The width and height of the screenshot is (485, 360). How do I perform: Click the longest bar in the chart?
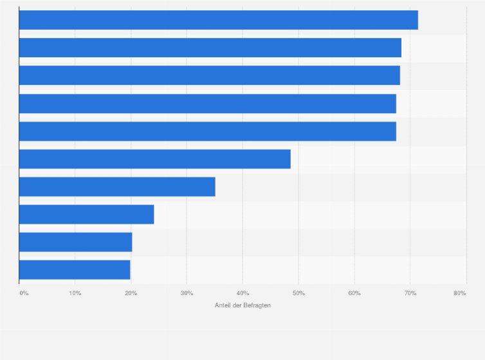pyautogui.click(x=218, y=20)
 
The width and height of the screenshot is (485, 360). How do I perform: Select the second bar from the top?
pyautogui.click(x=210, y=48)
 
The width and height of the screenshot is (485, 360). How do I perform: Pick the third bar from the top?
pyautogui.click(x=209, y=75)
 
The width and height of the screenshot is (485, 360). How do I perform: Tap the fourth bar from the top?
pyautogui.click(x=207, y=104)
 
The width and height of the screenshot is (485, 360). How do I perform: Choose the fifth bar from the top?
pyautogui.click(x=207, y=131)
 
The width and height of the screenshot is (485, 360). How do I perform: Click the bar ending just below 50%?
pyautogui.click(x=154, y=159)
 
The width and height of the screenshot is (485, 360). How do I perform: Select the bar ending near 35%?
pyautogui.click(x=117, y=186)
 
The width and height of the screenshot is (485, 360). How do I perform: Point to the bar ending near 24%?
pyautogui.click(x=86, y=214)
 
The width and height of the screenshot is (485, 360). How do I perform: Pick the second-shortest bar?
pyautogui.click(x=75, y=242)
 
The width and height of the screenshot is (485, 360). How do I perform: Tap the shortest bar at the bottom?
pyautogui.click(x=75, y=269)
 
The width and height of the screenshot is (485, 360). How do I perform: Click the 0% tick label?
pyautogui.click(x=24, y=293)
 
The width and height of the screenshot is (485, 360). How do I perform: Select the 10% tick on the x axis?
pyautogui.click(x=75, y=293)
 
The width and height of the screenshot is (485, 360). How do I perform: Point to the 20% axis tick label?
pyautogui.click(x=131, y=293)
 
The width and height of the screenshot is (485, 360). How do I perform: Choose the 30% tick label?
pyautogui.click(x=187, y=293)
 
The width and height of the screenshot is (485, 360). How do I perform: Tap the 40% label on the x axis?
pyautogui.click(x=243, y=293)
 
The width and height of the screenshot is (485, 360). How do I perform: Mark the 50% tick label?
pyautogui.click(x=298, y=293)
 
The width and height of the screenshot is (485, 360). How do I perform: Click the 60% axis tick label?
pyautogui.click(x=354, y=293)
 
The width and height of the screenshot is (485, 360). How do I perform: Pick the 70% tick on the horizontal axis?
pyautogui.click(x=410, y=293)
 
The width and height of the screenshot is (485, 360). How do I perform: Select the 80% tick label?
pyautogui.click(x=459, y=293)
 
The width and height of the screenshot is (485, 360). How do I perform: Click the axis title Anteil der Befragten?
pyautogui.click(x=243, y=305)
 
